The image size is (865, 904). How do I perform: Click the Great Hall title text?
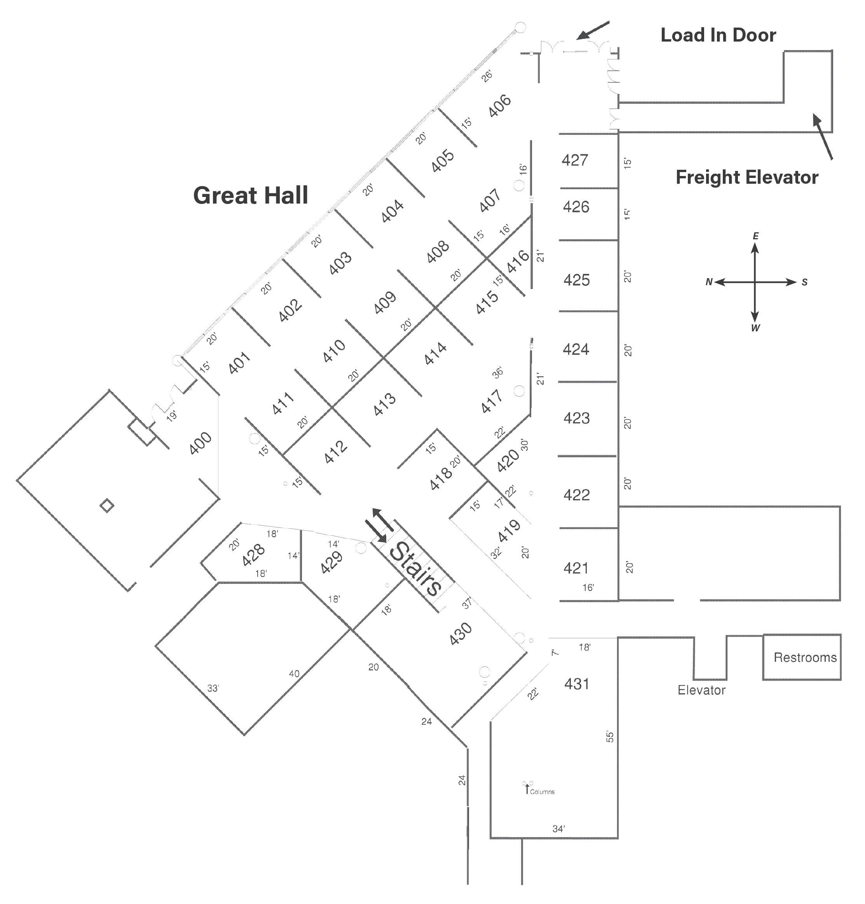pos(250,195)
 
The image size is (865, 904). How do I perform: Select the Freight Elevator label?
pos(746,177)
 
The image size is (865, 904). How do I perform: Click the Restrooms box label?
pos(805,657)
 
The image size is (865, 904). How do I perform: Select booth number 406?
pos(499,106)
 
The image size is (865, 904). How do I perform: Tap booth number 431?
pos(576,684)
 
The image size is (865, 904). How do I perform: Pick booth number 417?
pos(492,401)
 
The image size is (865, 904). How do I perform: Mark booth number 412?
pos(335,452)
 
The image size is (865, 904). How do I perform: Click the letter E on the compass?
pos(755,236)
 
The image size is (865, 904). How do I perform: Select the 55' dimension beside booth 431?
pos(610,736)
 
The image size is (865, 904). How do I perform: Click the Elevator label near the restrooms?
pos(701,690)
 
